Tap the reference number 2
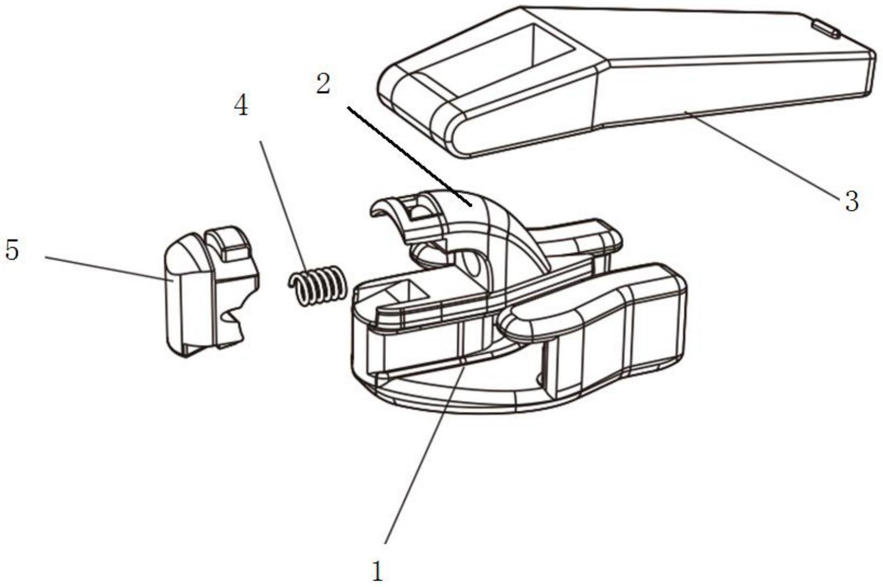coord(323,84)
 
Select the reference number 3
coord(851,201)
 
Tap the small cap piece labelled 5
coord(212,292)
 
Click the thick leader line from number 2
coord(410,156)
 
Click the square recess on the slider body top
coord(405,292)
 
